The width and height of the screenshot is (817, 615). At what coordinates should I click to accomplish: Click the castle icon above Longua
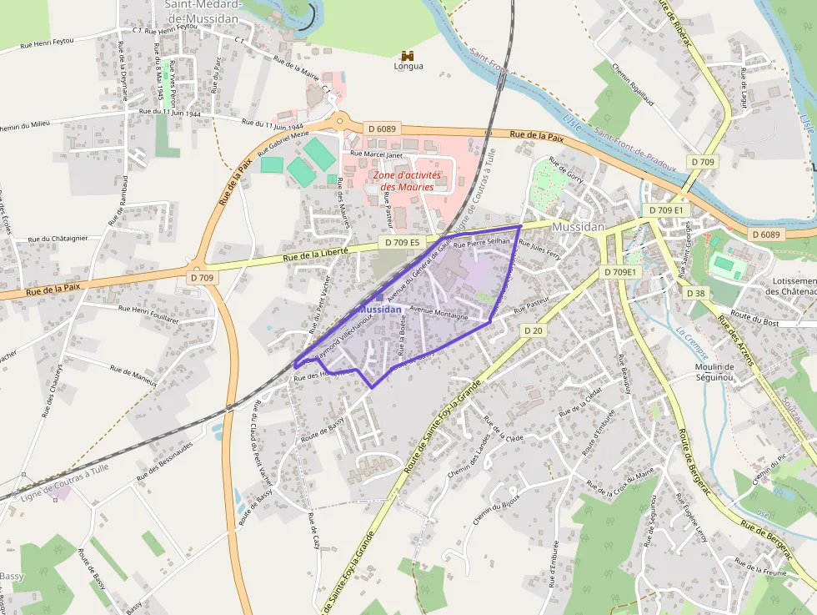tap(408, 54)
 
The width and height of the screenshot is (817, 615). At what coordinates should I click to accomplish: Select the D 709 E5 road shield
tap(402, 242)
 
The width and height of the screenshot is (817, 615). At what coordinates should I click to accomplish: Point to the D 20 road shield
tap(534, 330)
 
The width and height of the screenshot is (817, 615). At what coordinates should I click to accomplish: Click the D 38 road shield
tap(696, 293)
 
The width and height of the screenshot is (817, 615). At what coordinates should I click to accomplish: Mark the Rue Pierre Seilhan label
tap(481, 242)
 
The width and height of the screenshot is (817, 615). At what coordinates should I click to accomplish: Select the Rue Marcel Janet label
tap(377, 154)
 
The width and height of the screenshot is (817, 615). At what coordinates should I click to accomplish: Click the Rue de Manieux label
tap(133, 375)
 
